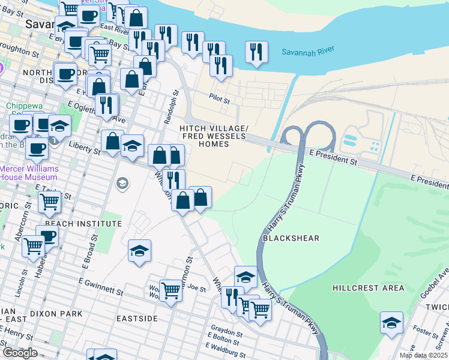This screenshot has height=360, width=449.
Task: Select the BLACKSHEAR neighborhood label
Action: coord(291,238)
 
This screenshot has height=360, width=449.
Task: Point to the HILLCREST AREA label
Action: coord(369,288)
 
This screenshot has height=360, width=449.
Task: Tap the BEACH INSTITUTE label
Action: coord(83,223)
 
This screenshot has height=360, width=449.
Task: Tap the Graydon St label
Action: coord(226,332)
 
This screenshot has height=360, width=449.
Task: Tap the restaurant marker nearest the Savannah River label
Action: coord(257,52)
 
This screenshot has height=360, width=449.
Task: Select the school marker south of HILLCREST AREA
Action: coord(391,322)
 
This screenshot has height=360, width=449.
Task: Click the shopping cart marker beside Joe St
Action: coord(170,291)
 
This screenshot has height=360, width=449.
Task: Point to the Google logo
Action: coord(20,353)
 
